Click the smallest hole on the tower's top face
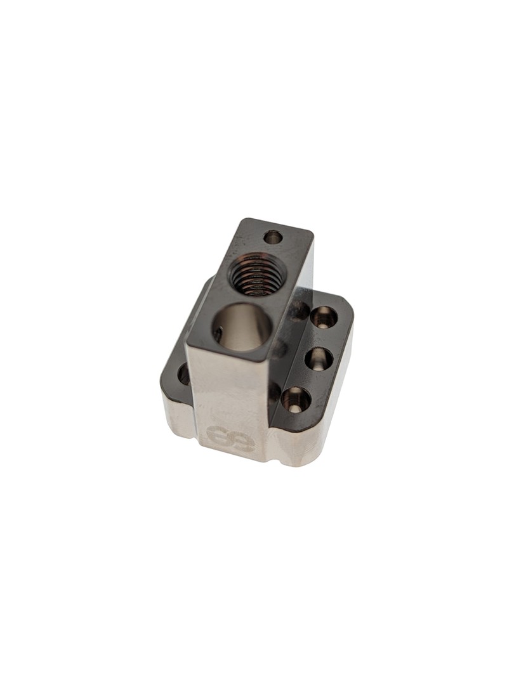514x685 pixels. click(273, 237)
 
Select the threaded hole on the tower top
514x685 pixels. click(256, 275)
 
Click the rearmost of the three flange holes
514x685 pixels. click(324, 316)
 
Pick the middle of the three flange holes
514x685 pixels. click(319, 359)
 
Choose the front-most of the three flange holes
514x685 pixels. click(296, 400)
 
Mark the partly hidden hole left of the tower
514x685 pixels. click(183, 374)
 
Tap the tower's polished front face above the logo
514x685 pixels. click(225, 387)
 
